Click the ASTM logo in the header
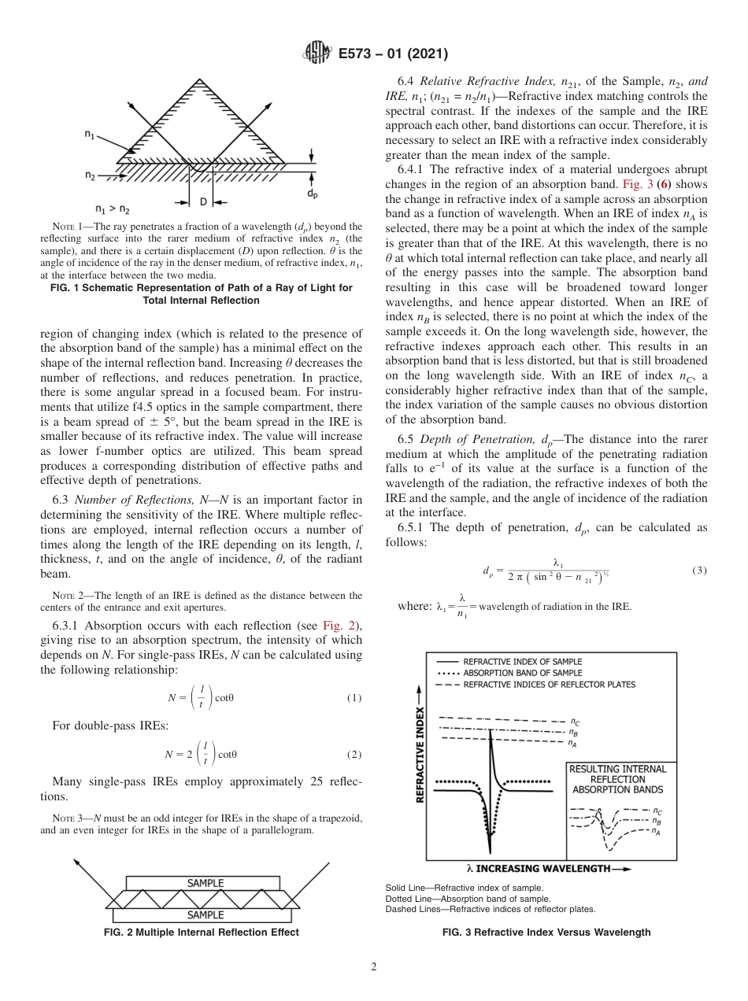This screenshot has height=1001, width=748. [x=317, y=54]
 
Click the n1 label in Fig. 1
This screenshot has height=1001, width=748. [x=91, y=135]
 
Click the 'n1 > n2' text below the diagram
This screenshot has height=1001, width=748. [x=112, y=209]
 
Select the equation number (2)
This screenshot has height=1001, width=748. [x=354, y=754]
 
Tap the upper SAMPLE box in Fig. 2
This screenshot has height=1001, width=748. [x=205, y=883]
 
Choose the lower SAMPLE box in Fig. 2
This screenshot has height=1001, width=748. [x=205, y=914]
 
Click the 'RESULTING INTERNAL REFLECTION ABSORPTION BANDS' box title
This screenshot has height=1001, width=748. [x=617, y=779]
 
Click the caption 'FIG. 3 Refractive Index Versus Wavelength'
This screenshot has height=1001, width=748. [x=546, y=933]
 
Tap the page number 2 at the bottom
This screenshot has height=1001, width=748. [x=374, y=967]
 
